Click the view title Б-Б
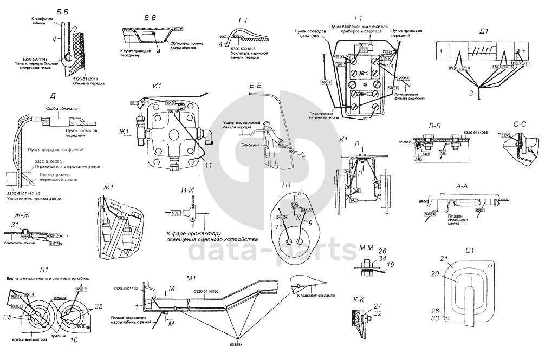coord(62,11)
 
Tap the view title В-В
coord(150,18)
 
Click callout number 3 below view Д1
coord(471,94)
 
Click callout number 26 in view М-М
coord(382,251)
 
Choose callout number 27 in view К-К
coord(377,305)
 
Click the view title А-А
coord(462,185)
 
